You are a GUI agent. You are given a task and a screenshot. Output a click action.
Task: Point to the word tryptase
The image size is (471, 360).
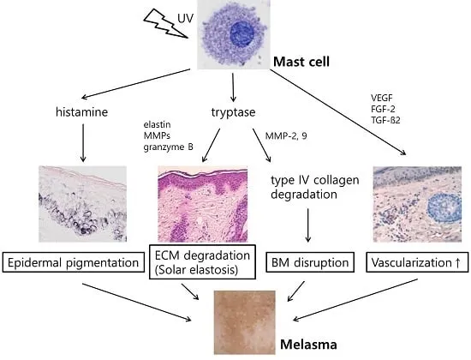[233, 114]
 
